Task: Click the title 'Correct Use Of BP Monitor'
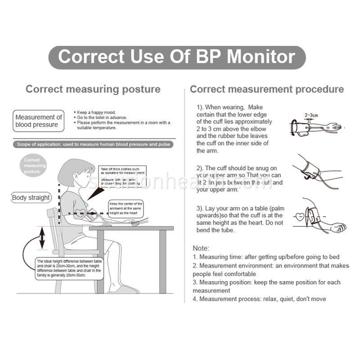[x=177, y=57]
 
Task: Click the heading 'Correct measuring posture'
[x=93, y=89]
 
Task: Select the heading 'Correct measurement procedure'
[x=266, y=89]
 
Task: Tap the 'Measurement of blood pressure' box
[x=38, y=121]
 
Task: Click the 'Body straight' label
[x=31, y=198]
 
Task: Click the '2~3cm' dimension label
[x=311, y=115]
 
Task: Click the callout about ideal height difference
[x=69, y=269]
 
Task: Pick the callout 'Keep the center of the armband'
[x=126, y=209]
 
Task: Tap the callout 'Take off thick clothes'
[x=122, y=176]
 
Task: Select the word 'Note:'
[x=201, y=248]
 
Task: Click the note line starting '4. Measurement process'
[x=259, y=299]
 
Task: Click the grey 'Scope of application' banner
[x=93, y=144]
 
